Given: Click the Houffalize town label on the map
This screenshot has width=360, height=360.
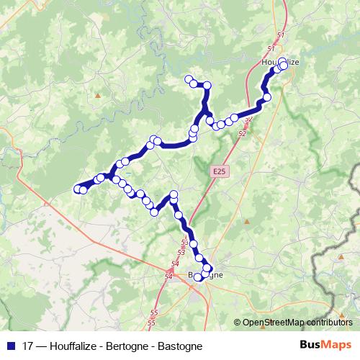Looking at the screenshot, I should tap(279, 63).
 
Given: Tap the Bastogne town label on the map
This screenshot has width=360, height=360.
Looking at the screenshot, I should tap(204, 275).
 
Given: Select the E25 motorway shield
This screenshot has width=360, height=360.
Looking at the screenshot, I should tap(219, 171).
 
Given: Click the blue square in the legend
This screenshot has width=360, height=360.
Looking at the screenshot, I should tap(10, 345).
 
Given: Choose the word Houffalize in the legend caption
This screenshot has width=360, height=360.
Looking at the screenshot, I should tap(74, 345).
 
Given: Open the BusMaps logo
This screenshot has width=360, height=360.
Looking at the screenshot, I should tap(325, 344).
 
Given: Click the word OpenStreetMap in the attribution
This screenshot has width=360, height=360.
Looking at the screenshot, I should tap(274, 323).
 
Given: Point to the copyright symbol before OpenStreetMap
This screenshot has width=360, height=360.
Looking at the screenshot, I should tap(238, 323).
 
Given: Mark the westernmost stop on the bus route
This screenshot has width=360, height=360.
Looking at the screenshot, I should tap(78, 189).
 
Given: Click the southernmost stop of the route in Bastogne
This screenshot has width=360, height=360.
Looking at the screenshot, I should tap(198, 277).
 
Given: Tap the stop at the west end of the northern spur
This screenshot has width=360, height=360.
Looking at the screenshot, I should tap(189, 78).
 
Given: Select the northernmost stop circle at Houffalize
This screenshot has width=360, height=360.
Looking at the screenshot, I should tap(283, 61).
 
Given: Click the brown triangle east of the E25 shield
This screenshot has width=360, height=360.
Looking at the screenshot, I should tap(246, 220).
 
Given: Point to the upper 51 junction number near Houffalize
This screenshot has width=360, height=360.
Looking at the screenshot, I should tap(280, 35).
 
